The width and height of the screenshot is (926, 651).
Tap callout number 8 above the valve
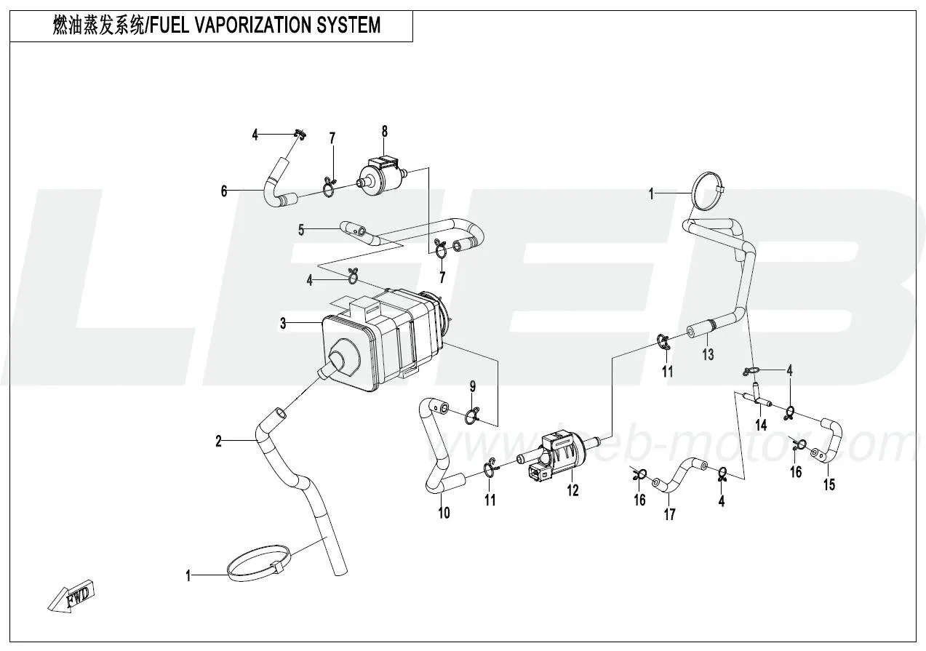385,132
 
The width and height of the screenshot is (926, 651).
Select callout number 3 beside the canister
283,324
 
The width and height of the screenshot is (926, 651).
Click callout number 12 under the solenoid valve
573,491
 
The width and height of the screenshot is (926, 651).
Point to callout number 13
708,355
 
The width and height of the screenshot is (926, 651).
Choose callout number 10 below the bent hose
444,513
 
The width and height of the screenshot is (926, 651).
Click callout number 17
669,514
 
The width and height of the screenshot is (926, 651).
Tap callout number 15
829,485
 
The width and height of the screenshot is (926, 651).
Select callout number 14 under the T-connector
761,426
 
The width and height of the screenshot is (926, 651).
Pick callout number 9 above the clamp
472,386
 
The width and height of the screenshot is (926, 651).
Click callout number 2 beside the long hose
218,441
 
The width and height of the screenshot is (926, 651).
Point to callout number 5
301,231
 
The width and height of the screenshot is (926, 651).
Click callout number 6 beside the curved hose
224,192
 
